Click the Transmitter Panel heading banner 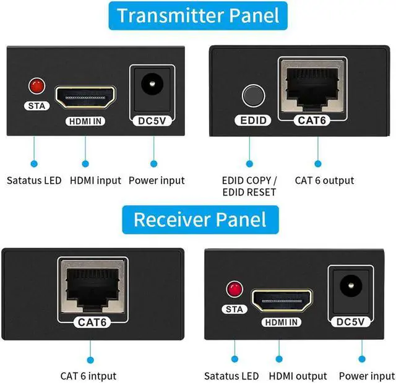(198, 15)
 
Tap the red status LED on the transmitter (37, 84)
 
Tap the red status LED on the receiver (234, 288)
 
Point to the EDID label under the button (250, 120)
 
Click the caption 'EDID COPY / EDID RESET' (249, 186)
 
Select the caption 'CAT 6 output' (324, 181)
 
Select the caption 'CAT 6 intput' (88, 376)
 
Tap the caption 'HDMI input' (95, 181)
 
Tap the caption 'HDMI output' (298, 376)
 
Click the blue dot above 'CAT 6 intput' (91, 359)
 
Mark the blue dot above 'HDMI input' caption (85, 163)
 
